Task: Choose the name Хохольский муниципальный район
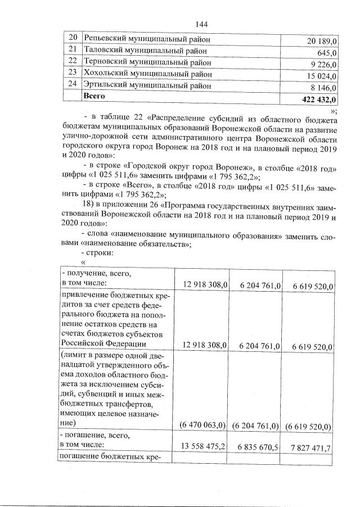[x=148, y=74]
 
